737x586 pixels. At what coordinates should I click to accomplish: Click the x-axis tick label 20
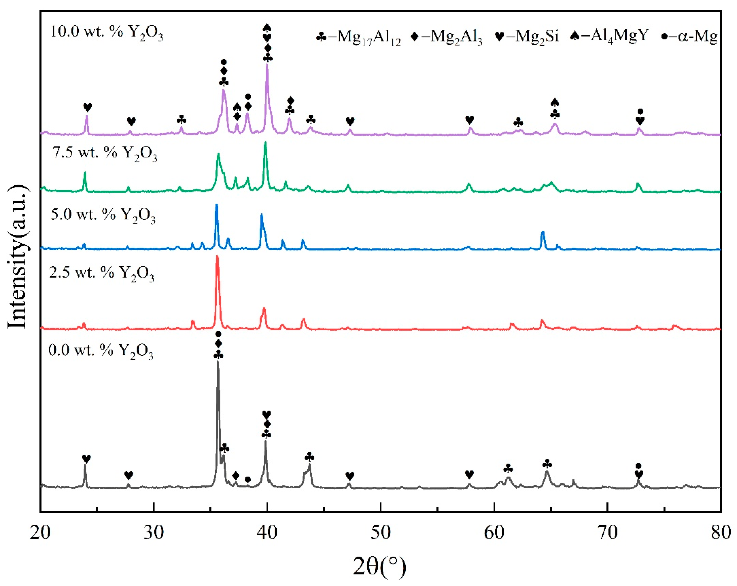40,533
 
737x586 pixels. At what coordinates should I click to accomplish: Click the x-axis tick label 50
381,533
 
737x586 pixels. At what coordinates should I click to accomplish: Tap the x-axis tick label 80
721,533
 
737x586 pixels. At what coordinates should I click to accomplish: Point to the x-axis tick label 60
494,533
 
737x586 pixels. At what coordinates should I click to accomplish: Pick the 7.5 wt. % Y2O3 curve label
105,153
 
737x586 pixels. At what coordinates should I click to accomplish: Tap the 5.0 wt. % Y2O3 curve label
103,215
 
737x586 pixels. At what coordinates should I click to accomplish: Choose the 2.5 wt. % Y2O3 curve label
101,274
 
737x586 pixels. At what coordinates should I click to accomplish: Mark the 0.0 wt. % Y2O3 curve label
101,351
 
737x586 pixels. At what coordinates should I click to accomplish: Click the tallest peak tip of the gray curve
218,361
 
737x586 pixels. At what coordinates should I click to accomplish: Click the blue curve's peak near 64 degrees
542,232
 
